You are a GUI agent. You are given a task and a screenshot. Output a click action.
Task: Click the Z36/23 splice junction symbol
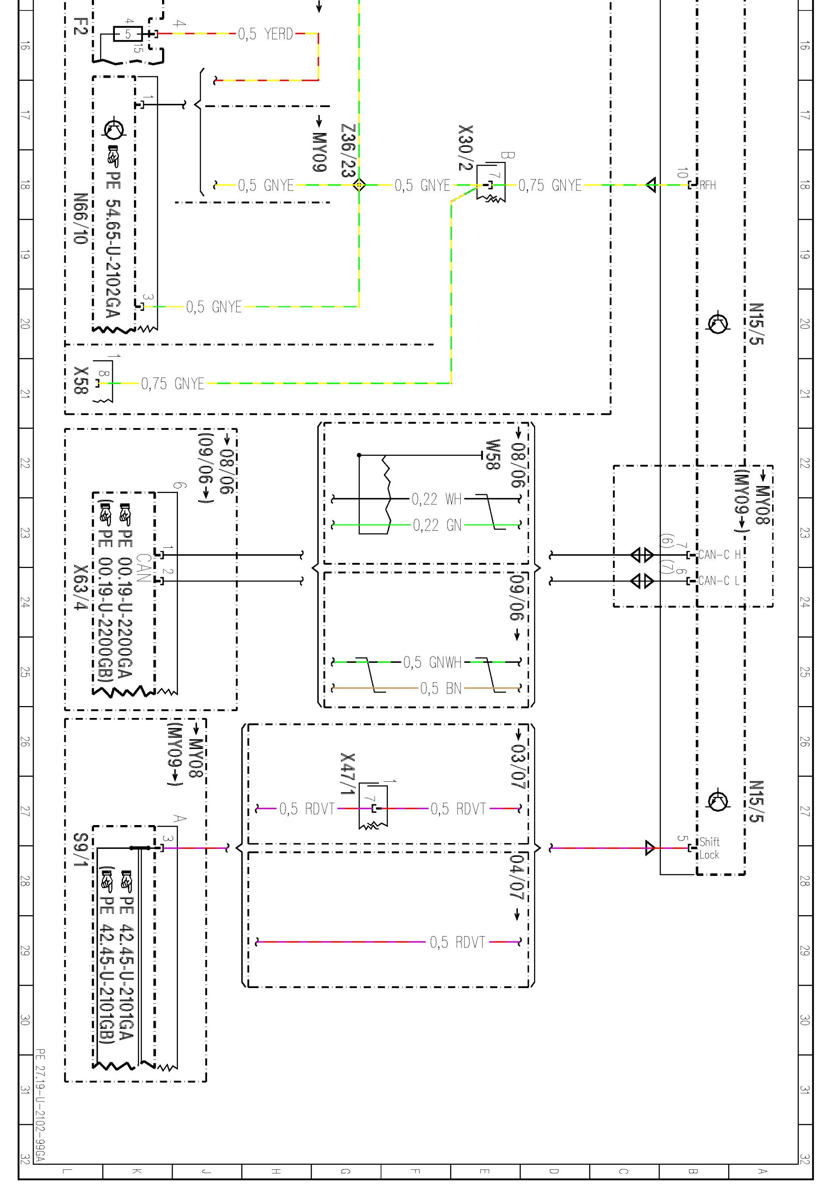pyautogui.click(x=359, y=184)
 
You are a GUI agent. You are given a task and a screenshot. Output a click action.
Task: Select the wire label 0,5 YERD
pyautogui.click(x=265, y=34)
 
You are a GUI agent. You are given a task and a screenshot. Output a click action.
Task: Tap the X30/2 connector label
pyautogui.click(x=466, y=148)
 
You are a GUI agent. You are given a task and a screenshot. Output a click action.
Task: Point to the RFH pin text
pyautogui.click(x=707, y=185)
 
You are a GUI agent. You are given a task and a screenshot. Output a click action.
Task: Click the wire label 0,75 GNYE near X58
pyautogui.click(x=172, y=384)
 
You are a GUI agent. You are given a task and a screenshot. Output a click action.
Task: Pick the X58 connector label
pyautogui.click(x=81, y=380)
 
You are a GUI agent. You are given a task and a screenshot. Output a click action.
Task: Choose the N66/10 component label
pyautogui.click(x=80, y=219)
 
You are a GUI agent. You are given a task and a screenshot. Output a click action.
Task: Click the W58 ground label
pyautogui.click(x=492, y=454)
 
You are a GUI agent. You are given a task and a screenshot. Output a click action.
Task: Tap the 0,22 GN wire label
pyautogui.click(x=437, y=526)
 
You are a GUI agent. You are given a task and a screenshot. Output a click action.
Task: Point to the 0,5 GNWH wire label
pyautogui.click(x=432, y=662)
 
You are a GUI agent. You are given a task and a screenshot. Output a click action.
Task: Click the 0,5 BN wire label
pyautogui.click(x=440, y=688)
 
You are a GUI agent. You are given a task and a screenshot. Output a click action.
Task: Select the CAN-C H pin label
pyautogui.click(x=719, y=555)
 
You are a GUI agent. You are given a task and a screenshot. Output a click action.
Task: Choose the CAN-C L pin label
pyautogui.click(x=719, y=580)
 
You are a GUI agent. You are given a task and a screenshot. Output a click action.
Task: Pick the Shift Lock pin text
pyautogui.click(x=709, y=848)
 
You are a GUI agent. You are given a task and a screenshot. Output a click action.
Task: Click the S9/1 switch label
pyautogui.click(x=80, y=850)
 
